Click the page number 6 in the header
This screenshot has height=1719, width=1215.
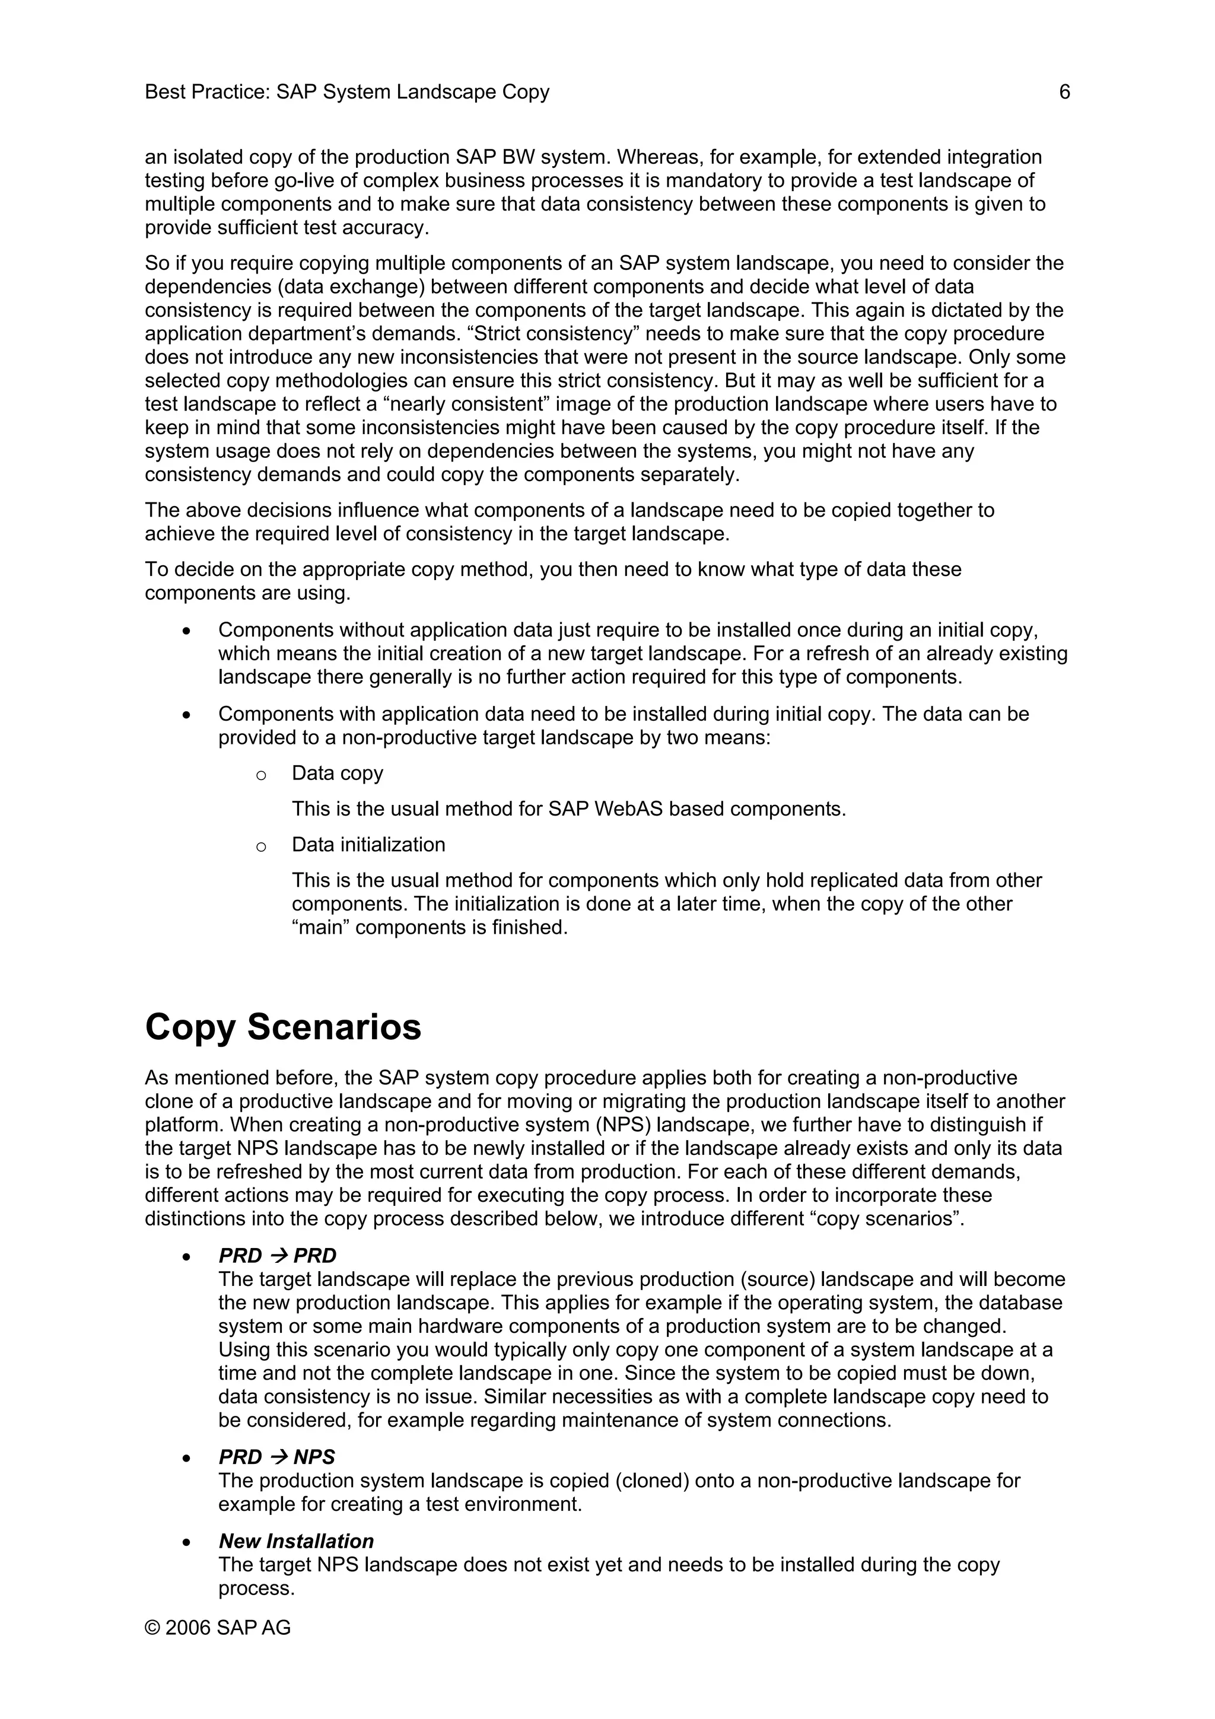point(1064,92)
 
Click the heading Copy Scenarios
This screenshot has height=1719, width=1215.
point(283,1026)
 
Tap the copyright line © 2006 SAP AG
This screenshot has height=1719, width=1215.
point(217,1628)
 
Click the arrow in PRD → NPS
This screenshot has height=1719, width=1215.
point(278,1457)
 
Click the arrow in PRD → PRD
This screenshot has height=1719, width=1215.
point(278,1256)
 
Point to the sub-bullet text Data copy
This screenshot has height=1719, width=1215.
point(337,773)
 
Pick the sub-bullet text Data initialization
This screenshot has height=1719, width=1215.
point(368,845)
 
